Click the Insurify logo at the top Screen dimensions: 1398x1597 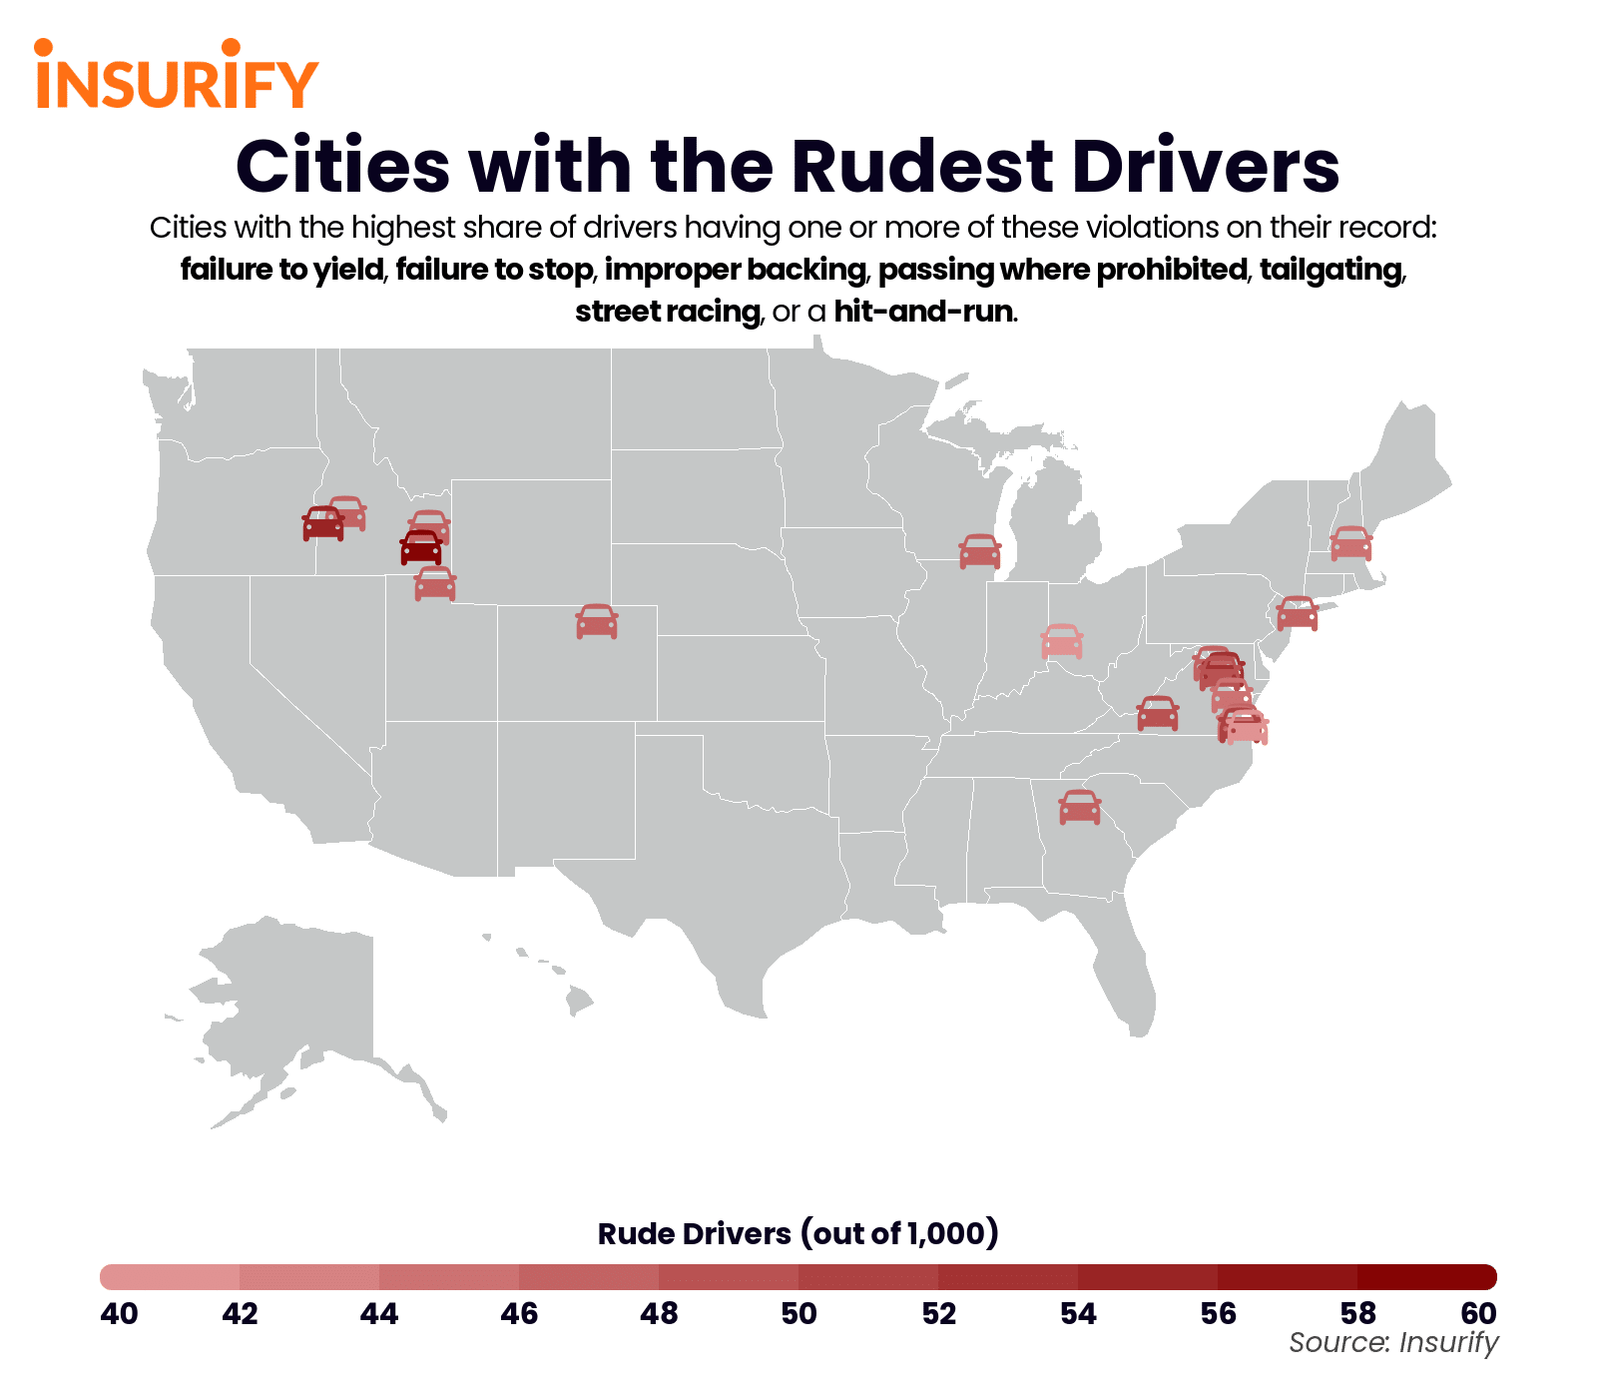pyautogui.click(x=176, y=76)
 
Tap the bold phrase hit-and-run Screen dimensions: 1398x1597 pyautogui.click(x=924, y=312)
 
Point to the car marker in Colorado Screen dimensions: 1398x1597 pyautogui.click(x=597, y=621)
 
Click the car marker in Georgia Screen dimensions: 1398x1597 pyautogui.click(x=1079, y=807)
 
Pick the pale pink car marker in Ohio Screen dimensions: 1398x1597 pyautogui.click(x=1061, y=641)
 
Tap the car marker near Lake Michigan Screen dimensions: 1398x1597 pyautogui.click(x=979, y=551)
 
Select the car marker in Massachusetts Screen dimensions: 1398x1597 pyautogui.click(x=1350, y=543)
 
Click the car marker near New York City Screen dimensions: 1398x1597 pyautogui.click(x=1298, y=613)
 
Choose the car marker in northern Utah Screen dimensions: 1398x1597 pyautogui.click(x=435, y=583)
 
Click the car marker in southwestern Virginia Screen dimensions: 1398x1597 pyautogui.click(x=1158, y=714)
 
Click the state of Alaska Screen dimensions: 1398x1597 pyautogui.click(x=289, y=1009)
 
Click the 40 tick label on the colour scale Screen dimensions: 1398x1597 pyautogui.click(x=120, y=1313)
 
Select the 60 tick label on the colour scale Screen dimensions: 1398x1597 pyautogui.click(x=1478, y=1313)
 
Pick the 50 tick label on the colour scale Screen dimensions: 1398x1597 pyautogui.click(x=798, y=1313)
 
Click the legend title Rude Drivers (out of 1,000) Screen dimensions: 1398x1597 pyautogui.click(x=798, y=1234)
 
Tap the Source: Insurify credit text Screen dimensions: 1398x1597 pyautogui.click(x=1393, y=1343)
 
